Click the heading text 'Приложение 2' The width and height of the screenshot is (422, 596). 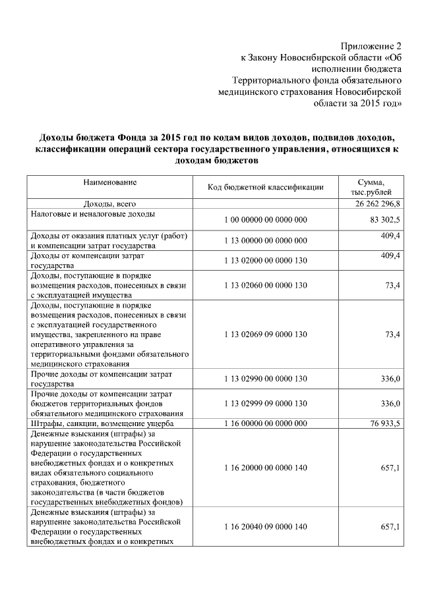click(x=371, y=46)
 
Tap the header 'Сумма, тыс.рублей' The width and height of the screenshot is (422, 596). click(x=371, y=186)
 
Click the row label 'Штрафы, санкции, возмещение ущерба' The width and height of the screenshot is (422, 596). click(x=102, y=423)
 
